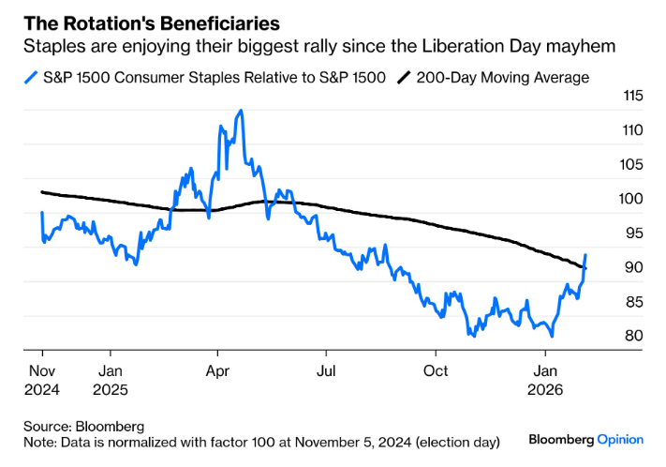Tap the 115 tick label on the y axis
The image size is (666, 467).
[608, 96]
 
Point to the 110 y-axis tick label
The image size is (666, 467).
[608, 130]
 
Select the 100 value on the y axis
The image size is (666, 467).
[608, 199]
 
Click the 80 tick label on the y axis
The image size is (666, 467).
[609, 336]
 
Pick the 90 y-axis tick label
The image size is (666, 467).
[609, 267]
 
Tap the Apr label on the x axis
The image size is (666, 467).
[217, 369]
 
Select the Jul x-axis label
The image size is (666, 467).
[326, 369]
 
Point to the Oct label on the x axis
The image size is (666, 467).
[435, 369]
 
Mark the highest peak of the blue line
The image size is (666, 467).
[242, 111]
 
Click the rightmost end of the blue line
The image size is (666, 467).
[586, 254]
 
